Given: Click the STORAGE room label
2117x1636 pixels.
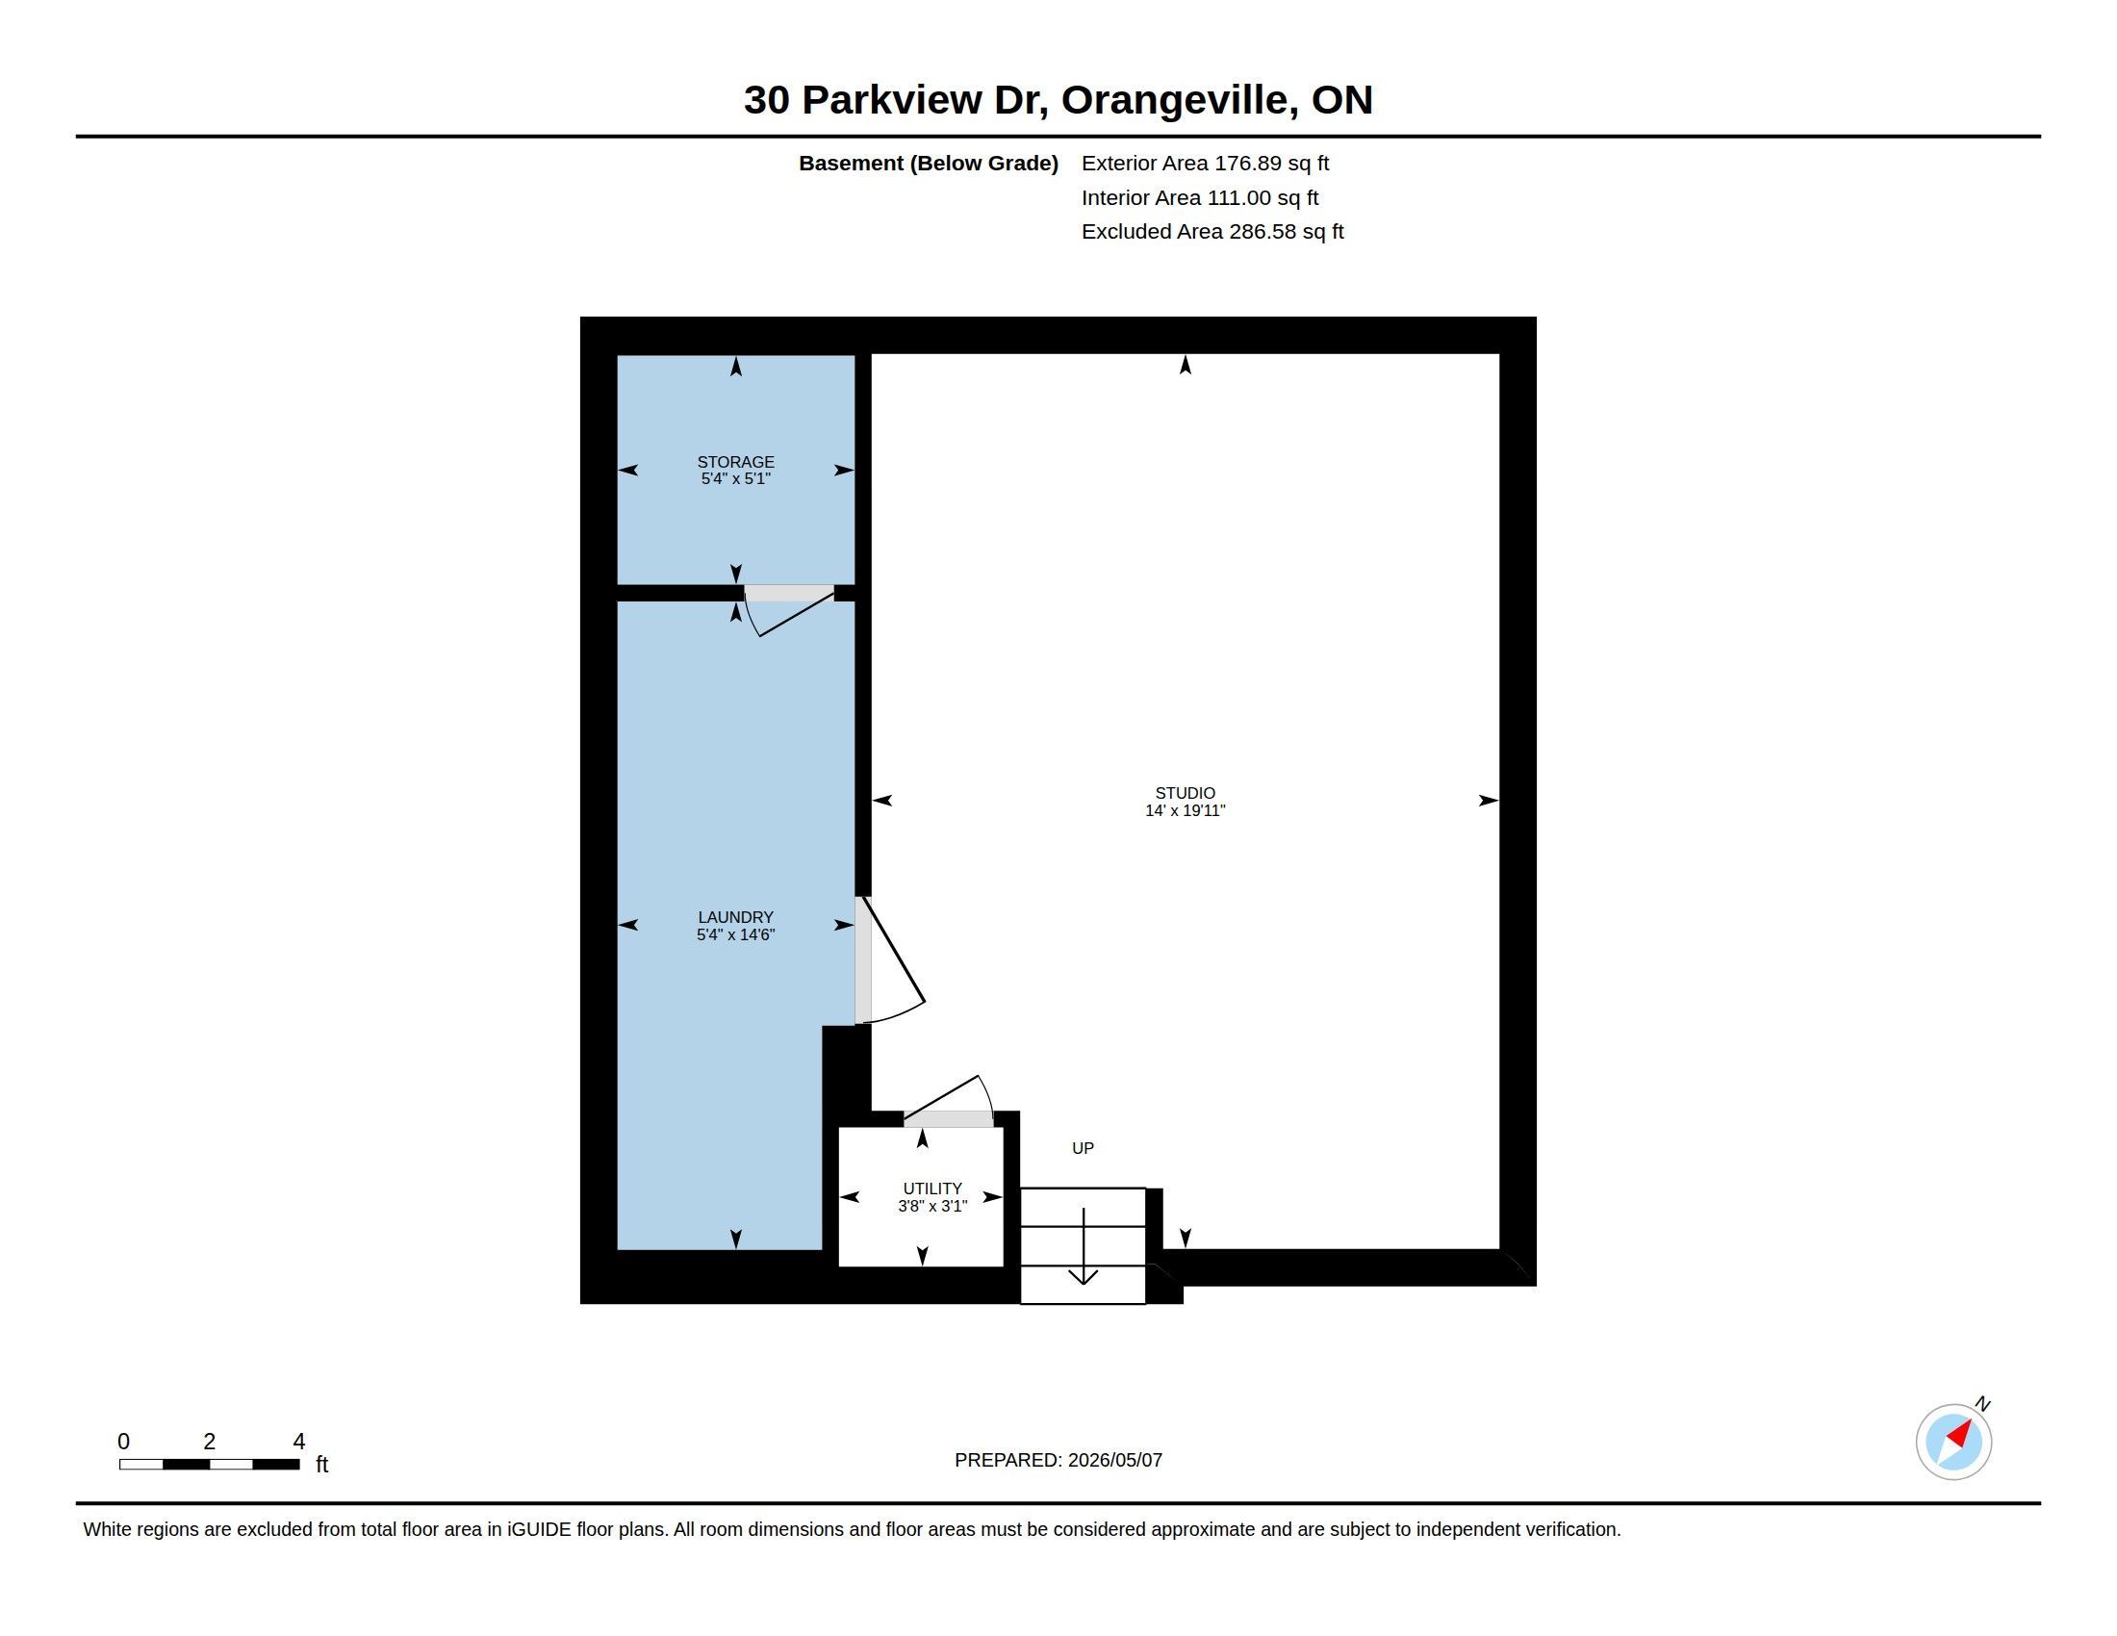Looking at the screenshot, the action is pos(736,462).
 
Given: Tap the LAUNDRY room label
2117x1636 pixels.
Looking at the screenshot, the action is pos(736,917).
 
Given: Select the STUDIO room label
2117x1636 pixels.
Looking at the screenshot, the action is pos(1185,793).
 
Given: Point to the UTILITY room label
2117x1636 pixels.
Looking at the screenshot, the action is pos(932,1189).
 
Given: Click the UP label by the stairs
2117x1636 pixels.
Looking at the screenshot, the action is pos(1083,1147).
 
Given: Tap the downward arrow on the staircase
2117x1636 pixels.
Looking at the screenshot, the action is pos(1083,1246).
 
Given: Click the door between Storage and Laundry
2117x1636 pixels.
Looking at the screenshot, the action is pos(790,609).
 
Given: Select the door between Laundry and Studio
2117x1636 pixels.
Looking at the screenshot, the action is pos(888,959).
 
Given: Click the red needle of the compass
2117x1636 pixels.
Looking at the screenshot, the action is pos(1959,1434).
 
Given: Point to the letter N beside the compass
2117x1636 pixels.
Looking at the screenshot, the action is pos(1983,1403).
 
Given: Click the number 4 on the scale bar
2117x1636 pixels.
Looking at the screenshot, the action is pos(298,1442).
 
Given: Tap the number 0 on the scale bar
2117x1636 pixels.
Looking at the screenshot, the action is pos(124,1442).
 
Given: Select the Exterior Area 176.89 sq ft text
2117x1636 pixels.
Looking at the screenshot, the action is pos(1205,163).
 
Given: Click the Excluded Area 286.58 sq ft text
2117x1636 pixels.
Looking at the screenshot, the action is pos(1212,231).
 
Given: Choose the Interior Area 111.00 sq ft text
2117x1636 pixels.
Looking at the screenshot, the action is pos(1200,197).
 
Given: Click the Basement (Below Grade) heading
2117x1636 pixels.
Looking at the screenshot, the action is pos(929,163).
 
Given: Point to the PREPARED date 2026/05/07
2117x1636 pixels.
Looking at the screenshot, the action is pos(1114,1460).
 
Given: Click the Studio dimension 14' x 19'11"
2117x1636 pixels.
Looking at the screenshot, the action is pos(1185,810).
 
